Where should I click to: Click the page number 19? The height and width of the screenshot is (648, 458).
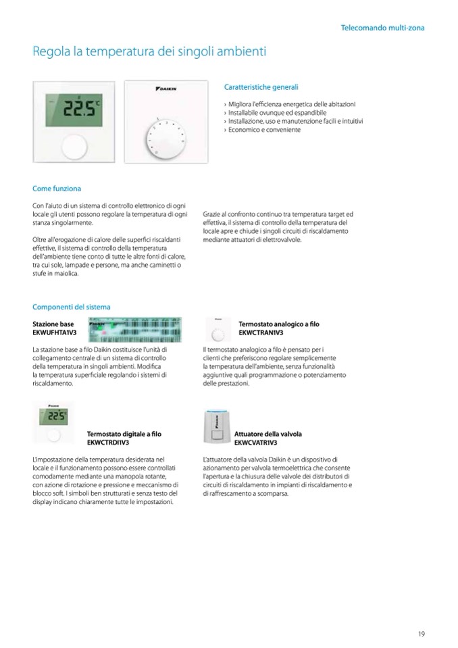(x=421, y=633)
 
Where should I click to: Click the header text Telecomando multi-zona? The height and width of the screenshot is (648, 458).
(x=383, y=28)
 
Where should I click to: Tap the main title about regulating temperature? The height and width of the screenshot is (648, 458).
(x=150, y=51)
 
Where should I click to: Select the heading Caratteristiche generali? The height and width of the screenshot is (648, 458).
(x=261, y=87)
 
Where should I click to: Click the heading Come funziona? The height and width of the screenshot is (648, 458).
(x=57, y=189)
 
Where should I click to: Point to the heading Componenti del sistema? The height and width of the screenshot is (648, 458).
(x=71, y=307)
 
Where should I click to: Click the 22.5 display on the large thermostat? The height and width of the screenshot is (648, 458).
(x=79, y=111)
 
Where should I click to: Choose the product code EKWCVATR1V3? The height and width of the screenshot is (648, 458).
(x=256, y=442)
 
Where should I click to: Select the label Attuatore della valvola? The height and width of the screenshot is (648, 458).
(x=268, y=433)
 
